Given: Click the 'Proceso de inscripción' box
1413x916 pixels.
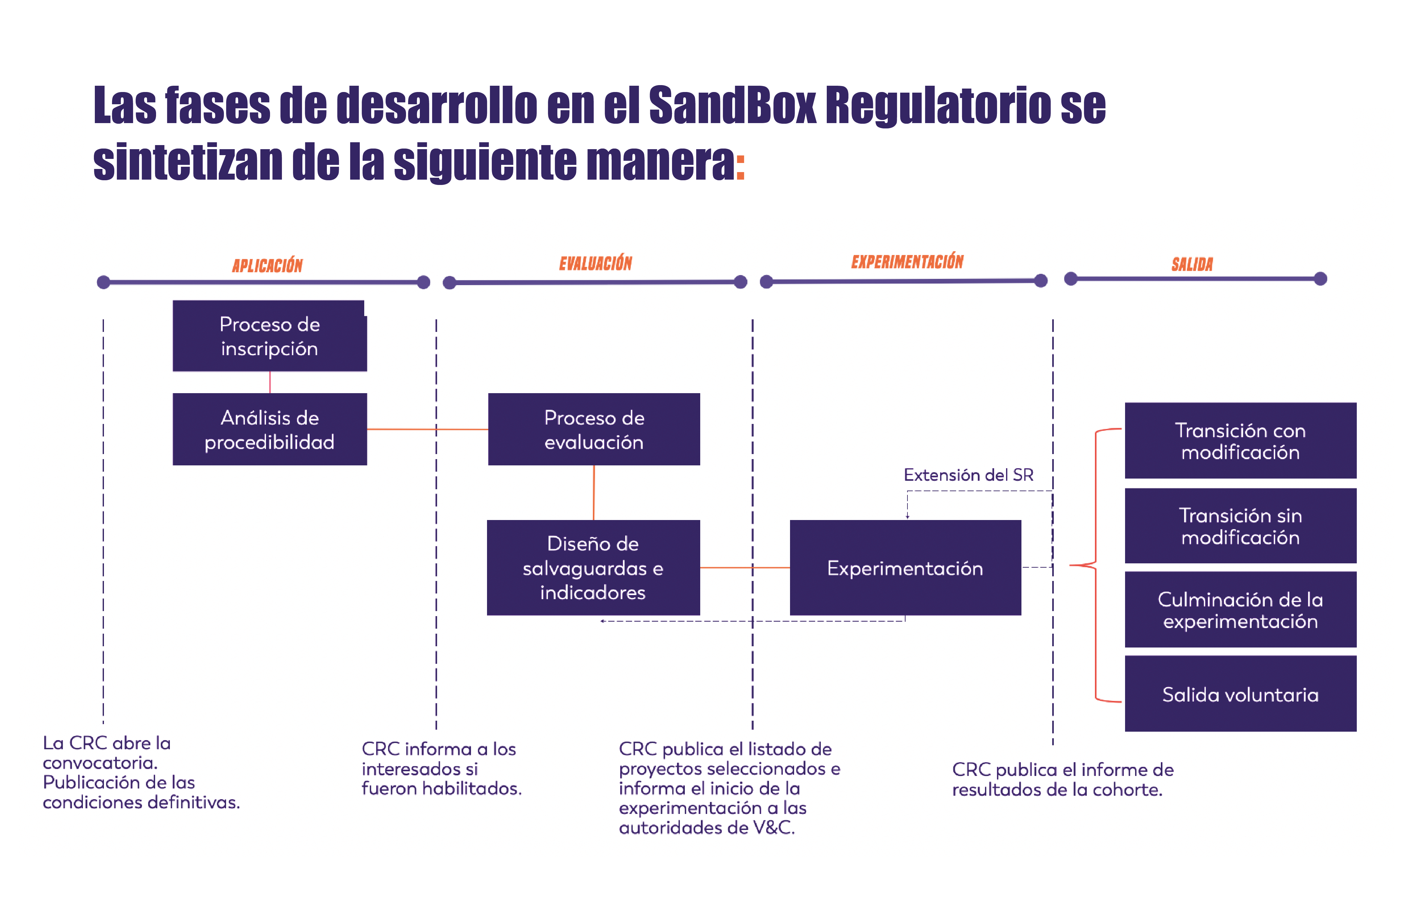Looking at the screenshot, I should tap(269, 336).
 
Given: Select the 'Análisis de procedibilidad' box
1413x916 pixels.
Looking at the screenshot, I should tap(269, 429).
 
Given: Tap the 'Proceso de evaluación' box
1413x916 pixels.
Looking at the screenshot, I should tap(594, 429).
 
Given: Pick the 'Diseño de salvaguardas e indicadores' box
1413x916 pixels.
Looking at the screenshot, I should tap(593, 567).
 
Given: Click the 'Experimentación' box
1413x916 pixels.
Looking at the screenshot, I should tap(905, 567).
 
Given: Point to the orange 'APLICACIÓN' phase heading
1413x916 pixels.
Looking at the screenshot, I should tap(267, 265).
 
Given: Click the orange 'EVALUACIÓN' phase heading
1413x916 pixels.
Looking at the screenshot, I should tap(595, 263).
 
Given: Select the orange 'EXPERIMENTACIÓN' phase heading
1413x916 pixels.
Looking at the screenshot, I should tap(907, 261).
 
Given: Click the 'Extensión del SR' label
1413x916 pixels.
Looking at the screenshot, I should tap(968, 475).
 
